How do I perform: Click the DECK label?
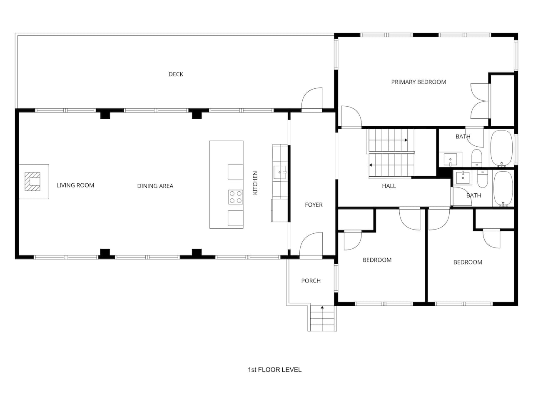176,74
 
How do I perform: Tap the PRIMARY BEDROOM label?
418,82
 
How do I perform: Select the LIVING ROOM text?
75,185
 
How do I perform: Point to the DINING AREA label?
155,186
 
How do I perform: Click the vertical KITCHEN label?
255,182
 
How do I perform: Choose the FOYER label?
314,205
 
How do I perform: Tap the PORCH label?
311,281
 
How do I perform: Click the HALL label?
389,186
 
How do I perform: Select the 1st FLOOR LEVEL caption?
275,370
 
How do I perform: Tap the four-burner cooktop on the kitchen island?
236,197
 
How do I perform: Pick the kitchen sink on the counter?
280,172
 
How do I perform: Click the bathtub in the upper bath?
501,149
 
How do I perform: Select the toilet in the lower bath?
482,178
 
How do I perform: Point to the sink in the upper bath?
450,159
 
